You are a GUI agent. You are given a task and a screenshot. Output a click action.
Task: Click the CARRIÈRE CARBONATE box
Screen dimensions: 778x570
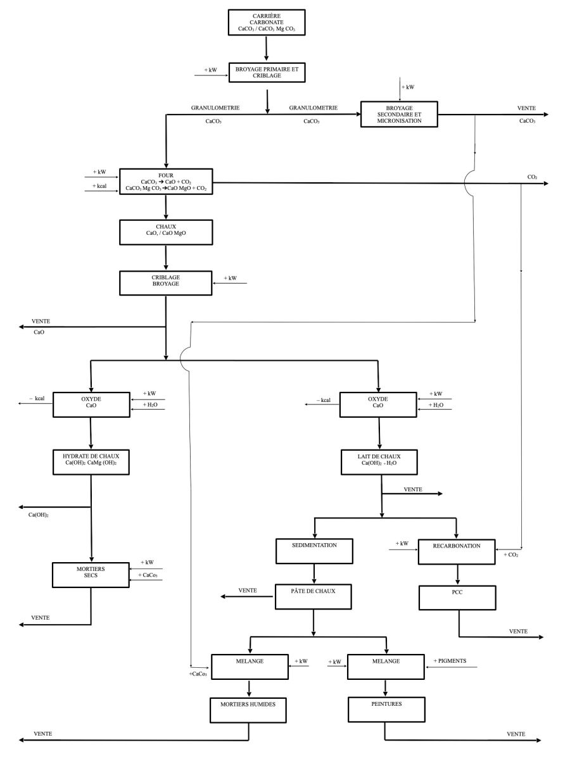point(266,22)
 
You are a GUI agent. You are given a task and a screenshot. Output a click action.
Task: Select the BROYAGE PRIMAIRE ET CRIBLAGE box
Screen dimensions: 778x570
point(267,72)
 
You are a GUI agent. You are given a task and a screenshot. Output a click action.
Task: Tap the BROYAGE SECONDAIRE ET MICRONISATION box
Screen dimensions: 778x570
point(399,114)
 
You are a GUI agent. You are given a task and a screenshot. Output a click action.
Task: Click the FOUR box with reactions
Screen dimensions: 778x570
point(166,181)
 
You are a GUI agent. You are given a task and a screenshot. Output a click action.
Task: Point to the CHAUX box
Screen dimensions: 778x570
point(165,232)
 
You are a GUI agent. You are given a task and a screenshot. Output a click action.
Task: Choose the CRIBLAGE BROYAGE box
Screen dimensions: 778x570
point(165,282)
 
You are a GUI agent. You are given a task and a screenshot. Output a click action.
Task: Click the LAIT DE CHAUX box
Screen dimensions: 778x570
point(379,460)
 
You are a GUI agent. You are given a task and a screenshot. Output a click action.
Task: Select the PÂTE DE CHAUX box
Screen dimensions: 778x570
point(314,596)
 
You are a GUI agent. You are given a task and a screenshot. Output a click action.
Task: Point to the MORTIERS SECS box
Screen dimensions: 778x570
point(91,574)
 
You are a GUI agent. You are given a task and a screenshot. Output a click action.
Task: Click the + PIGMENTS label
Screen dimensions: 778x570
point(450,661)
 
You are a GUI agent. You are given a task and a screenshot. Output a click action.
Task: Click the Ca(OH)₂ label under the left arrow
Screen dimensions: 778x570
point(39,515)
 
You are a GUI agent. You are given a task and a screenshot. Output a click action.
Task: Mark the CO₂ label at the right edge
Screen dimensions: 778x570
point(532,177)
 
